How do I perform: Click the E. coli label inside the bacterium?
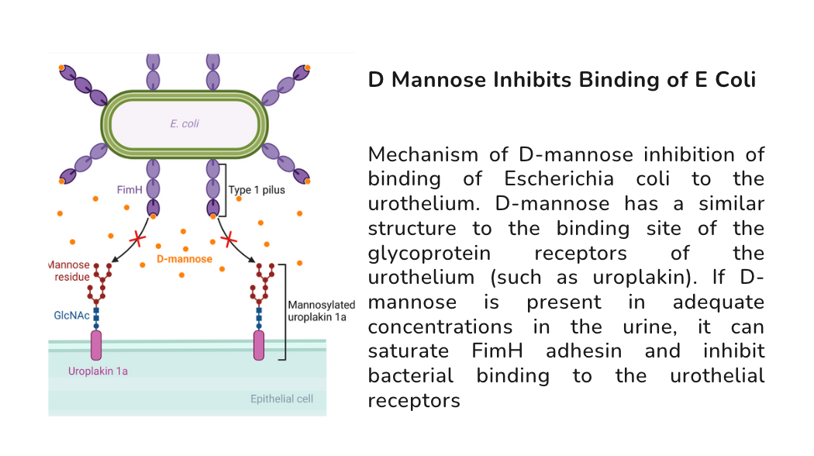pyautogui.click(x=185, y=123)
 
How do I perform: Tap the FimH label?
pyautogui.click(x=129, y=188)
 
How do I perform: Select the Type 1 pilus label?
pyautogui.click(x=257, y=189)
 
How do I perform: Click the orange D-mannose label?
pyautogui.click(x=185, y=259)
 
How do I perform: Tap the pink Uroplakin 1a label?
pyautogui.click(x=98, y=371)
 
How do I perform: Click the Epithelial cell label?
pyautogui.click(x=283, y=399)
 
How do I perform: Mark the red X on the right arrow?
pyautogui.click(x=229, y=240)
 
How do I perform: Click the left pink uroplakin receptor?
pyautogui.click(x=97, y=345)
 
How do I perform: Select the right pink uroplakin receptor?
pyautogui.click(x=259, y=346)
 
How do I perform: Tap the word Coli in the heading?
pyautogui.click(x=733, y=80)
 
